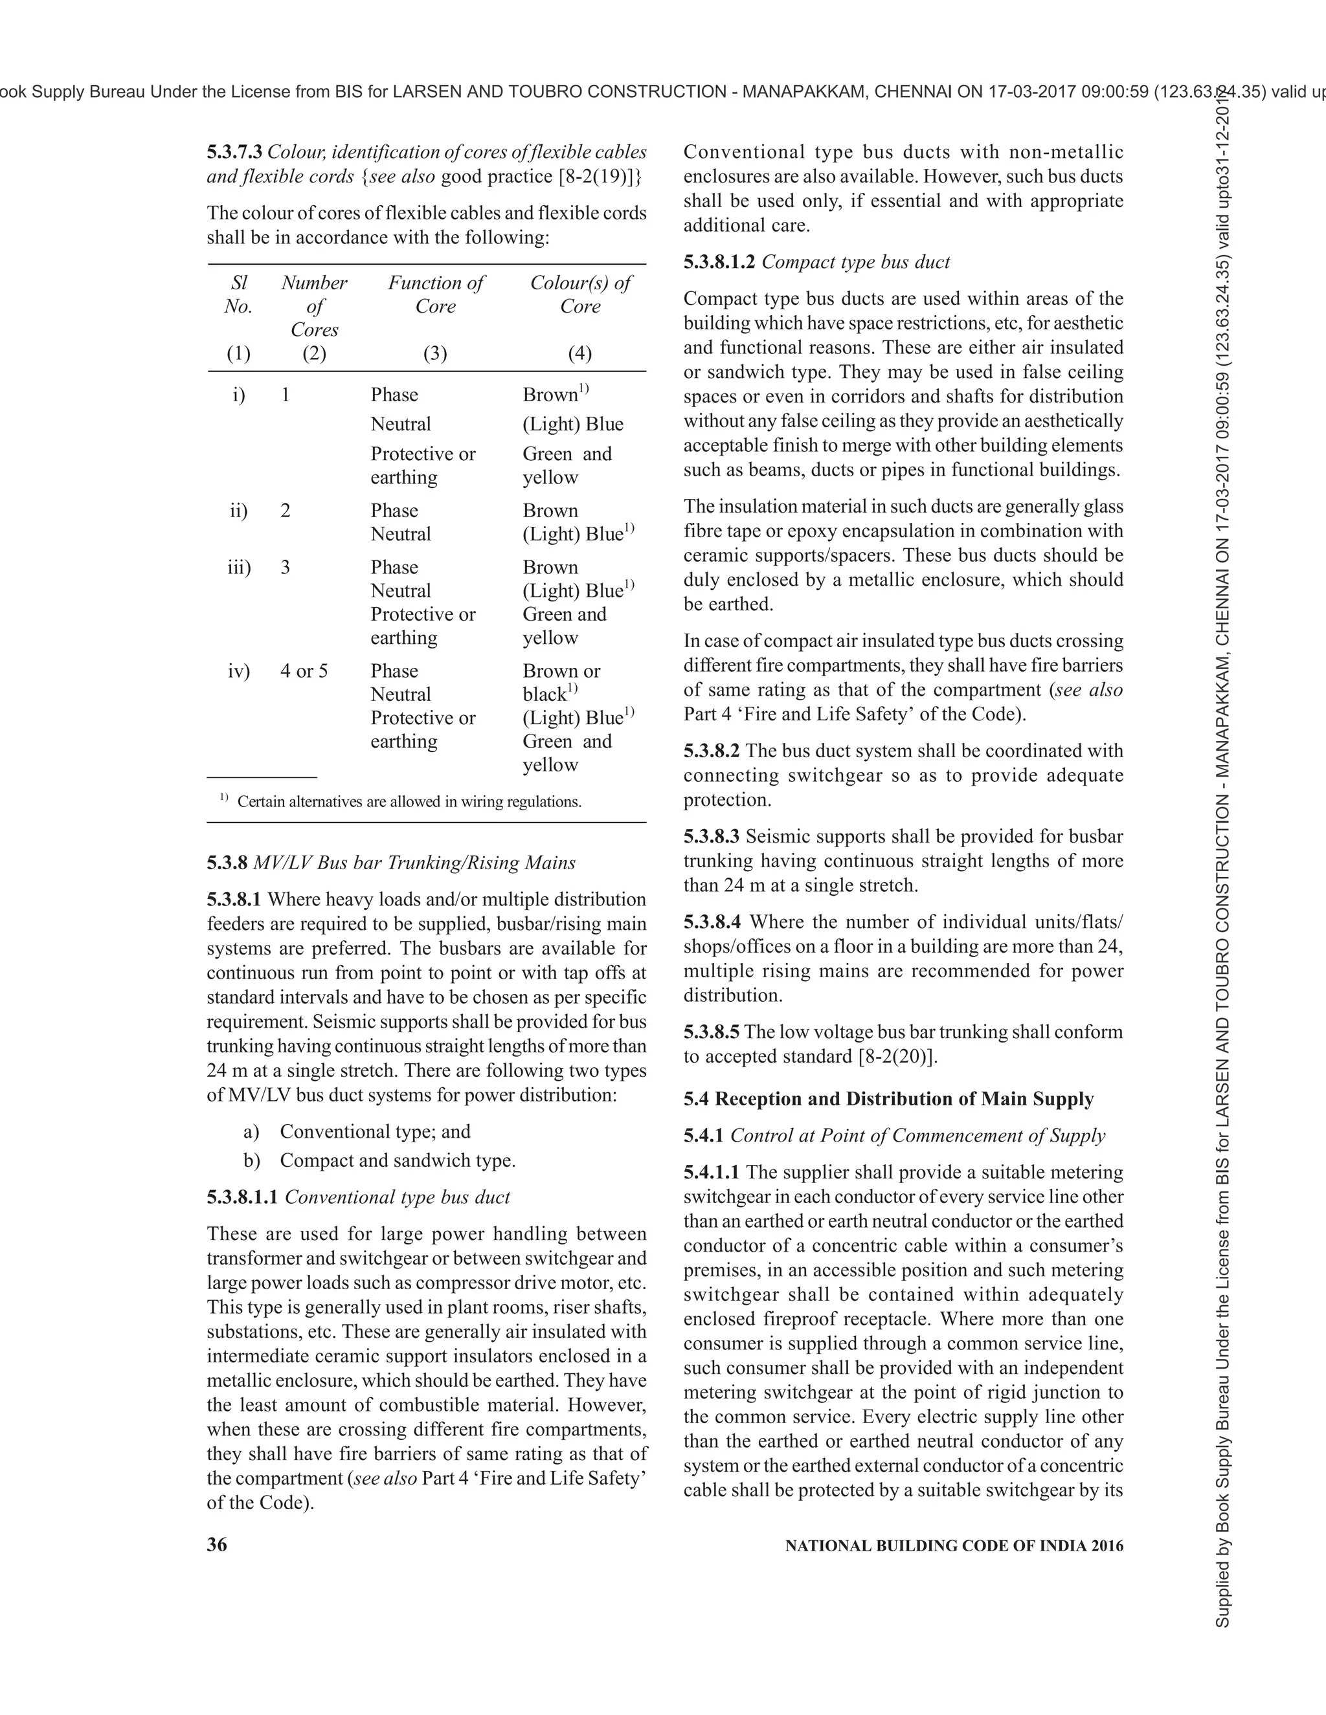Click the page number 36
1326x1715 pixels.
[217, 1545]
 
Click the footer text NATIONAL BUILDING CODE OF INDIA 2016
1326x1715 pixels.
[954, 1545]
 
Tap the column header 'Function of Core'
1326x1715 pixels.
[435, 294]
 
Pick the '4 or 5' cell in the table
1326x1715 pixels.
[304, 670]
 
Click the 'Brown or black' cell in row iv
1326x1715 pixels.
[561, 681]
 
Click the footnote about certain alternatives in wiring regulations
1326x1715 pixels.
[409, 802]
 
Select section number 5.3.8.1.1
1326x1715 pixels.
[243, 1197]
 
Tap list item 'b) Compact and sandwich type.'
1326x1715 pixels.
[379, 1160]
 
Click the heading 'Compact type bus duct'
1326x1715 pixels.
[855, 261]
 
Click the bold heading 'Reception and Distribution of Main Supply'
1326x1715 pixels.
[903, 1099]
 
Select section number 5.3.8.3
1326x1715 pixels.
[711, 836]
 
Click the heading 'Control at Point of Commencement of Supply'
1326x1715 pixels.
[917, 1136]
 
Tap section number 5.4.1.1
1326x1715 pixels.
[711, 1173]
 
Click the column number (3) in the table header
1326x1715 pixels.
[434, 353]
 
